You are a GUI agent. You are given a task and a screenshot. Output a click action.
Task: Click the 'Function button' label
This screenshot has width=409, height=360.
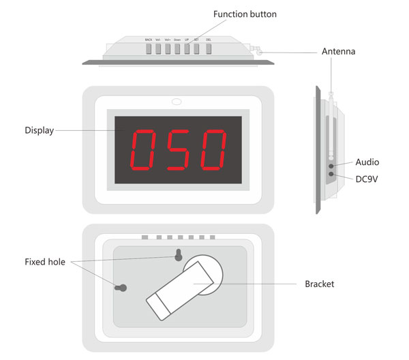245,14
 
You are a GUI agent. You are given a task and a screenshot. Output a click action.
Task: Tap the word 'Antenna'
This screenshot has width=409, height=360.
339,51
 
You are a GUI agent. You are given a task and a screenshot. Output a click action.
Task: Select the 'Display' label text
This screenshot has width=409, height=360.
39,130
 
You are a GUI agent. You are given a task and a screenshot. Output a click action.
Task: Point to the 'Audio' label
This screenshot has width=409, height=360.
367,162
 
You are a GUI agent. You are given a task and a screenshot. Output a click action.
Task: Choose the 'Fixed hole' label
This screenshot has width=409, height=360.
45,262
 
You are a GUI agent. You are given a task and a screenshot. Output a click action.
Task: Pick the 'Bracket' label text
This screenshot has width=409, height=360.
319,284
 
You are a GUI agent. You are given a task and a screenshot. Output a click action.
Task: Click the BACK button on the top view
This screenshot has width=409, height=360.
149,49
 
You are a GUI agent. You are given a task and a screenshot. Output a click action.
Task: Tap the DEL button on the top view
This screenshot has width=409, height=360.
208,49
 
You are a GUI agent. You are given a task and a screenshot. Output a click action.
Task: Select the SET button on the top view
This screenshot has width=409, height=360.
196,49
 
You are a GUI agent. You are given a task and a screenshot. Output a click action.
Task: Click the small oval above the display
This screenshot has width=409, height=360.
177,103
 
